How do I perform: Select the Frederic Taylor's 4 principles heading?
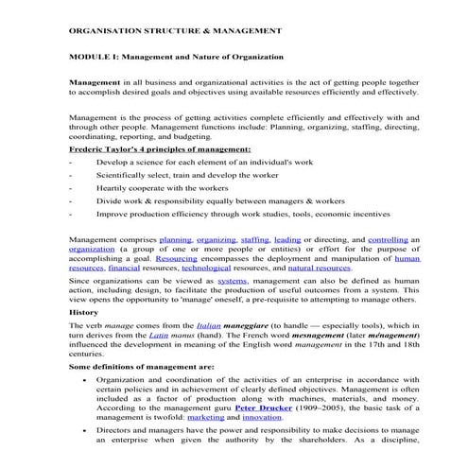pos(160,149)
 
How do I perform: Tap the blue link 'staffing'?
pos(255,241)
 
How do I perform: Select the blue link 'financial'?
pos(127,269)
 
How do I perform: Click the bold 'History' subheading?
pos(84,311)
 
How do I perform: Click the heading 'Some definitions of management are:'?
pos(142,365)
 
